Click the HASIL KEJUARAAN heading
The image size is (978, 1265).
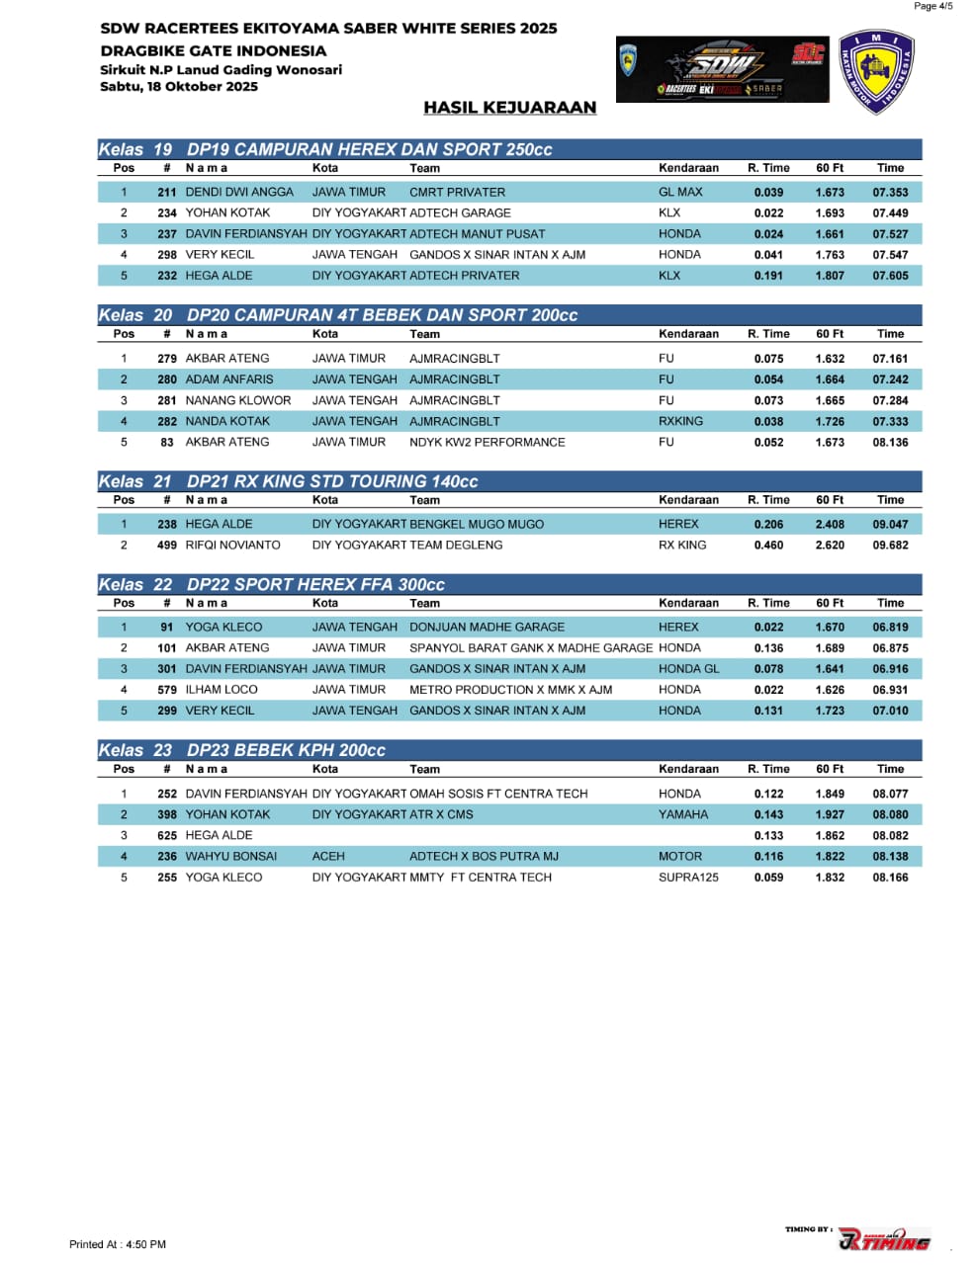coord(509,108)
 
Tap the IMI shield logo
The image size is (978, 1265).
coord(875,71)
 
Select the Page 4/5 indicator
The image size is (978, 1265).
coord(933,7)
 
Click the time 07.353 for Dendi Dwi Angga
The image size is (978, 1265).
coord(890,193)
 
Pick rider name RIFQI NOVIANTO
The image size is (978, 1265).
coord(232,546)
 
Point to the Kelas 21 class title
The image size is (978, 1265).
coord(287,481)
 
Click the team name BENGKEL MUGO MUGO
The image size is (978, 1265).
coord(476,525)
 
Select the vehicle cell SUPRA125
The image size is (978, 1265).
coord(688,878)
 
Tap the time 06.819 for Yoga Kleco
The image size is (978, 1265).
coord(890,628)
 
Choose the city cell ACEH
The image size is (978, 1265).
coord(328,857)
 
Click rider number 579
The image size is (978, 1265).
coord(167,690)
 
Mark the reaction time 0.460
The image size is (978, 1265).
coord(768,546)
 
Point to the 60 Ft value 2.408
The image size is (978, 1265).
coord(830,525)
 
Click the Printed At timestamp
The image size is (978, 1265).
coord(118,1244)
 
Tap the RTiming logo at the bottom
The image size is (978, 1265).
coord(883,1239)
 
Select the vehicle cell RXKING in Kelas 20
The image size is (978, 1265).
coord(680,421)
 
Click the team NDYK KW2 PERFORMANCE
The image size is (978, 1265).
coord(487,443)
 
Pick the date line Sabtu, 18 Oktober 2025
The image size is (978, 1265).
coord(179,87)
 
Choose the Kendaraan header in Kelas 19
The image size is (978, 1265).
coord(688,168)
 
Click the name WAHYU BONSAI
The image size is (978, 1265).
coord(230,857)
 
